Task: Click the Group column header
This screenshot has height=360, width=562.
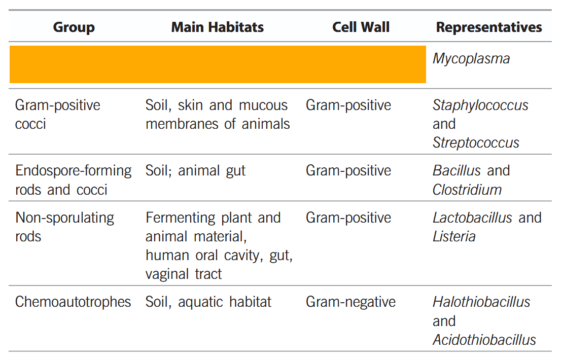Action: [x=74, y=27]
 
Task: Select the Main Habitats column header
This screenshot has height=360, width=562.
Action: [x=217, y=27]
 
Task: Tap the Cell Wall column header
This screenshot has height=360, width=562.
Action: [x=361, y=27]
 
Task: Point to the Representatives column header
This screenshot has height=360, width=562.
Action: [x=489, y=27]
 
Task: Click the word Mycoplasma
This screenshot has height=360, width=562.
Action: [x=471, y=59]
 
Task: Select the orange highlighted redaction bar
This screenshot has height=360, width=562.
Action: [x=218, y=64]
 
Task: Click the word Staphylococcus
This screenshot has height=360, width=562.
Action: [x=480, y=105]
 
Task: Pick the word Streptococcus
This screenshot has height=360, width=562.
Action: [x=476, y=143]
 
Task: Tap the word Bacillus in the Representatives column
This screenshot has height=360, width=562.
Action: [x=456, y=170]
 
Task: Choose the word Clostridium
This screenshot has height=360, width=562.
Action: [x=467, y=190]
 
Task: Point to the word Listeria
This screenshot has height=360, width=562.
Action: [x=454, y=236]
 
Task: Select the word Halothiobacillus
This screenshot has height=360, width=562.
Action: [x=481, y=302]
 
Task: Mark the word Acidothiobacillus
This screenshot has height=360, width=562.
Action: [x=484, y=340]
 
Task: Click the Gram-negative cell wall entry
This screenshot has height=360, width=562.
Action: [x=350, y=302]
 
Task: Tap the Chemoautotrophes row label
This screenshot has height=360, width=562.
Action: [x=73, y=302]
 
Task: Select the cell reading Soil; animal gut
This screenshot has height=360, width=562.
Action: [x=195, y=171]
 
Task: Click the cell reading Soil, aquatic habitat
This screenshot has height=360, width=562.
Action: [x=208, y=302]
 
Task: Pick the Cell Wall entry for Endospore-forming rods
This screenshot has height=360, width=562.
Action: [x=348, y=171]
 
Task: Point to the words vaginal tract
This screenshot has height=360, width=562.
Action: [x=184, y=274]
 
